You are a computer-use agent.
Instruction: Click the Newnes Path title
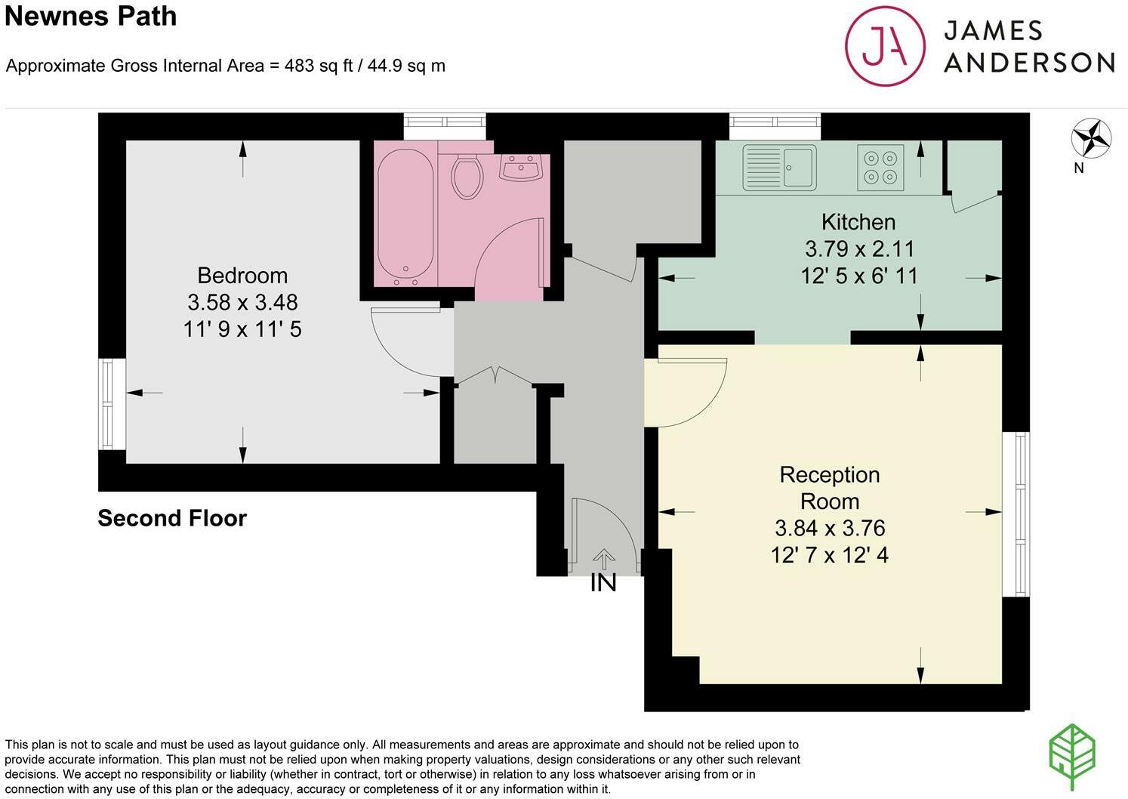[x=91, y=17]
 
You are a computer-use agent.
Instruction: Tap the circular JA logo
[x=885, y=46]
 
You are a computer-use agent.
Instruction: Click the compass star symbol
[x=1091, y=138]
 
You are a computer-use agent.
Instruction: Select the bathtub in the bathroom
[x=405, y=217]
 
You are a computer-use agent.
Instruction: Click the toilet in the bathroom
[x=467, y=177]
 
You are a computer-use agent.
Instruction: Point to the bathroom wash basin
[x=521, y=167]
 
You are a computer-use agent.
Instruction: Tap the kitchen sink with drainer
[x=779, y=168]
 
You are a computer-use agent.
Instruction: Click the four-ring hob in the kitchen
[x=881, y=168]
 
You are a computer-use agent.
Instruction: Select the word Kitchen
[x=858, y=222]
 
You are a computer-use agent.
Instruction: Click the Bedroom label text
[x=242, y=276]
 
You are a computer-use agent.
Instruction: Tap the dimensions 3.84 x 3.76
[x=830, y=528]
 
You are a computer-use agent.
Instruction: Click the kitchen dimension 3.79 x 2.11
[x=860, y=249]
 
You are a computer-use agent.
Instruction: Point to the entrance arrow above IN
[x=604, y=560]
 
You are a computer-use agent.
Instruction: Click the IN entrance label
[x=603, y=583]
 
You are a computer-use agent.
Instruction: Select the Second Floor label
[x=172, y=518]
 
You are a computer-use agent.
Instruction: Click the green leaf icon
[x=1072, y=757]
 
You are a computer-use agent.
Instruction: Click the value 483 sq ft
[x=319, y=66]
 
